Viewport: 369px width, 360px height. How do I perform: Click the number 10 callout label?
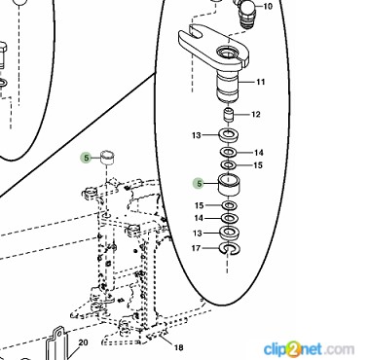(x=268, y=6)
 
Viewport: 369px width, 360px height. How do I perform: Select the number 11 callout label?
(x=261, y=82)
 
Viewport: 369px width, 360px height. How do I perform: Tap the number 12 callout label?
(x=256, y=114)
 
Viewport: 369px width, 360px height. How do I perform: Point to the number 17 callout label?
(x=196, y=248)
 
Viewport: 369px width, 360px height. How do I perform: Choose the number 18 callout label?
(x=178, y=347)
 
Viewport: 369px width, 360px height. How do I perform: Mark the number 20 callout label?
(x=83, y=342)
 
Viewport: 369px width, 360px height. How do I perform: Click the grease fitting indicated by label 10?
(x=248, y=14)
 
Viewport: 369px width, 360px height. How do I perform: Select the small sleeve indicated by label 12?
(x=229, y=115)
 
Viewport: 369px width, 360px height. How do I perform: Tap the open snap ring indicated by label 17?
(x=230, y=248)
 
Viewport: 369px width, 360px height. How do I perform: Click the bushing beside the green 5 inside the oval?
(x=229, y=185)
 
